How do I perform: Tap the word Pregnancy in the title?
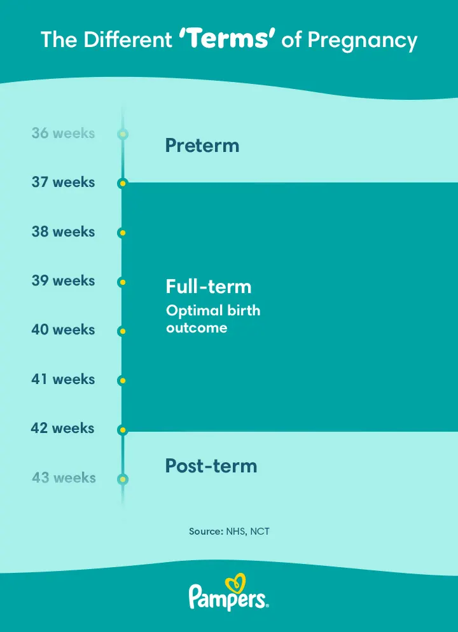point(363,41)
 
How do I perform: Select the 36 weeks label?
point(64,133)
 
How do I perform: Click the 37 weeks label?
point(64,182)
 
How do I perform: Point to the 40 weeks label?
point(64,330)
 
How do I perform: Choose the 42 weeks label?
point(62,428)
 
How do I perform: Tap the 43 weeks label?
point(64,477)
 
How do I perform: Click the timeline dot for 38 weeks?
point(123,233)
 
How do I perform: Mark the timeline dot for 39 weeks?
point(123,282)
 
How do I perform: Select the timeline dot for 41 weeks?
point(123,380)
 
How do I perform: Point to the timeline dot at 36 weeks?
point(123,134)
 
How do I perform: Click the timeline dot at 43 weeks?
point(123,479)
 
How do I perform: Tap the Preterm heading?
point(202,145)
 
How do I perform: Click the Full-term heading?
point(209,287)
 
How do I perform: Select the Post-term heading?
point(211,465)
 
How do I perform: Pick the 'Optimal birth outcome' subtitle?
point(213,319)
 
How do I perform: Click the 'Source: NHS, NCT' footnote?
point(229,532)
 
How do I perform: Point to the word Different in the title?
point(128,40)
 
